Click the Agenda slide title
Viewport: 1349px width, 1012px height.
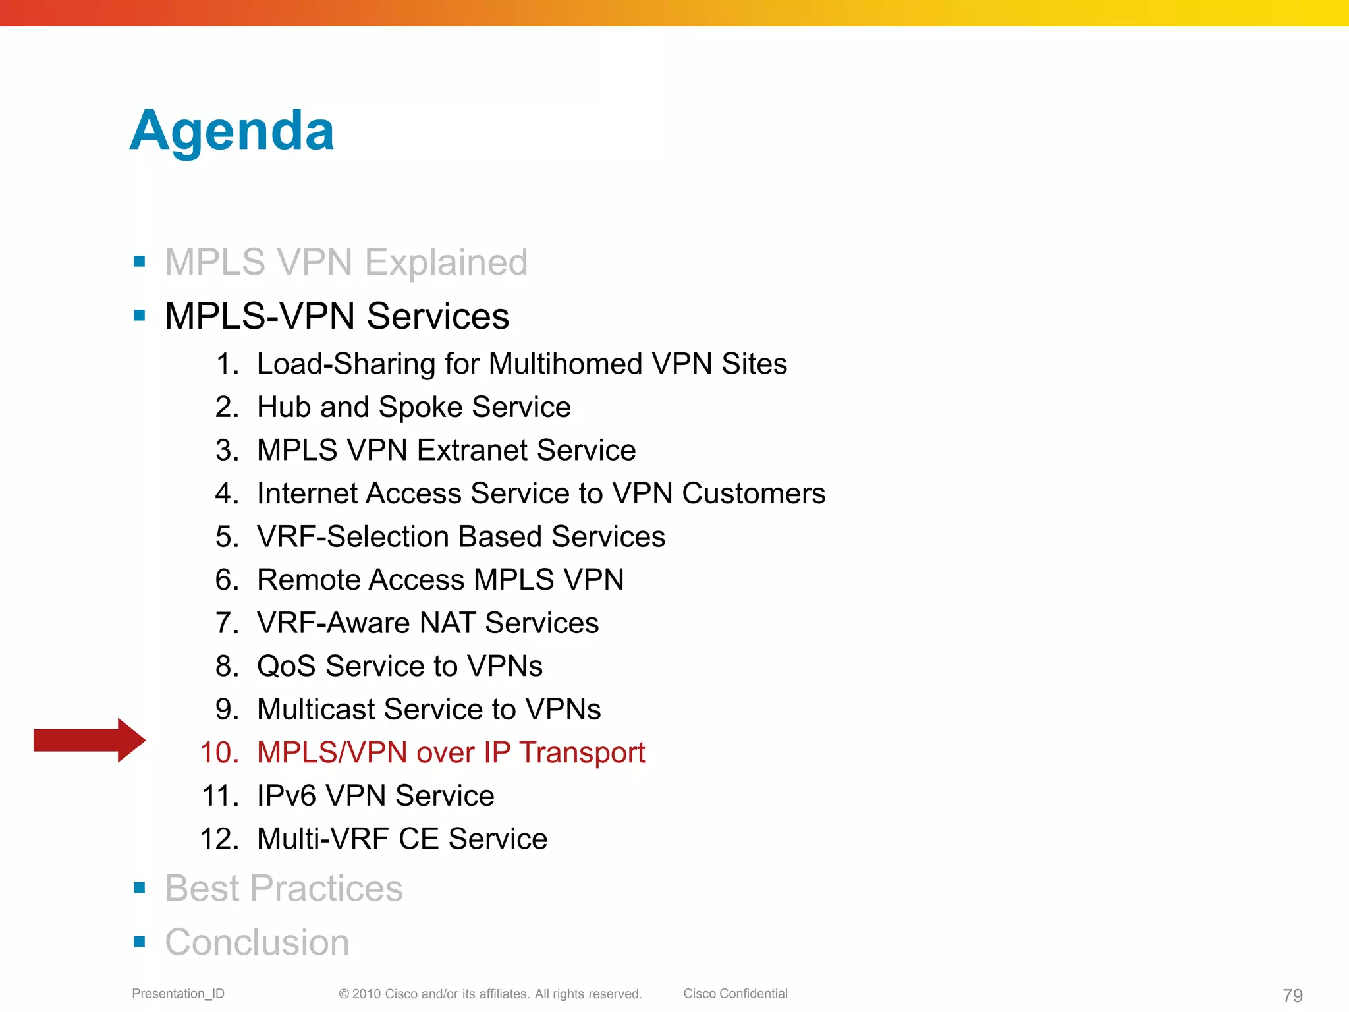232,132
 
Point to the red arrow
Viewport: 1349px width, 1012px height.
89,740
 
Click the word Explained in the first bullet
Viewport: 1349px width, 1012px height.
446,263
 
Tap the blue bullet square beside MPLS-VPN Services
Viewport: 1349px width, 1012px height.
139,316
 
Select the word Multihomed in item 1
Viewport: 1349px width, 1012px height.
565,364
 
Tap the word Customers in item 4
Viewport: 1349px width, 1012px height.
753,493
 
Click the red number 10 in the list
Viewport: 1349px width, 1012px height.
219,752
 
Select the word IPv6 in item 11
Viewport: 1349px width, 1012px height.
287,796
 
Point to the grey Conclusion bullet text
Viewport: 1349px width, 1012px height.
257,942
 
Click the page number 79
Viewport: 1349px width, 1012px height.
1292,995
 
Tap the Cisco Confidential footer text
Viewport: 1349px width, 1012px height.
735,994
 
